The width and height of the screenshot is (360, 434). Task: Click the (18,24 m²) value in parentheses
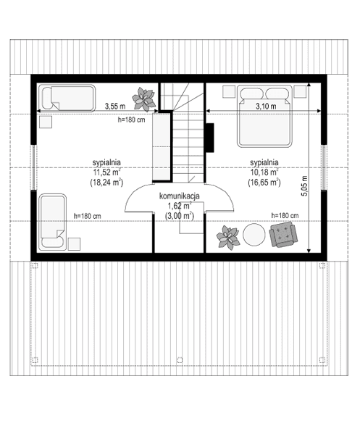[106, 183]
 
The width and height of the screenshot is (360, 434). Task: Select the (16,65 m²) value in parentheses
[264, 183]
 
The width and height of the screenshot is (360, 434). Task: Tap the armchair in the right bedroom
[283, 234]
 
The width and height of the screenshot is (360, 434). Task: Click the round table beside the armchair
[254, 235]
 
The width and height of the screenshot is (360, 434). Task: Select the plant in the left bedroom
[143, 95]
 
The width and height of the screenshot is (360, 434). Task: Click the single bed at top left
[67, 96]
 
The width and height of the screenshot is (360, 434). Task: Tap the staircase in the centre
[187, 138]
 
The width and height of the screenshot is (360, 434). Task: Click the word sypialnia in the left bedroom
[106, 162]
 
